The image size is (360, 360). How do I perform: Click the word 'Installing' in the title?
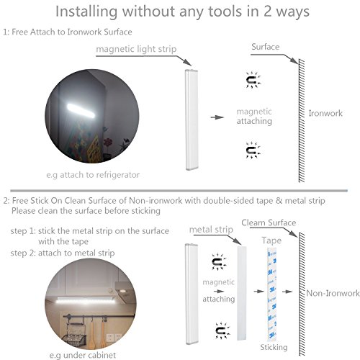(86, 12)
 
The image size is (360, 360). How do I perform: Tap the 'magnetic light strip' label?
(136, 49)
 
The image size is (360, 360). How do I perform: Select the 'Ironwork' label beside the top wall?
(325, 113)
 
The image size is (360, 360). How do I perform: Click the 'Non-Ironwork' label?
(333, 293)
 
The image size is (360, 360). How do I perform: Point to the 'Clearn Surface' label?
(269, 222)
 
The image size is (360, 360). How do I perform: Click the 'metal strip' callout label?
(211, 230)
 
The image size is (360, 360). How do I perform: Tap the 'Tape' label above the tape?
(271, 240)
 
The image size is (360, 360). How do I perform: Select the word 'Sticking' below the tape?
(274, 347)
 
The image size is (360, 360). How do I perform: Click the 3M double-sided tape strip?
(272, 294)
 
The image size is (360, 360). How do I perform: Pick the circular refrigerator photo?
(92, 116)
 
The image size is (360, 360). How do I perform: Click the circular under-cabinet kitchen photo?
(90, 304)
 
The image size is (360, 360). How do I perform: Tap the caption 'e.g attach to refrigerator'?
(93, 175)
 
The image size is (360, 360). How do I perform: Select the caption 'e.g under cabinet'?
(83, 355)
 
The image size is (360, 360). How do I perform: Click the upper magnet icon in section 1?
(253, 80)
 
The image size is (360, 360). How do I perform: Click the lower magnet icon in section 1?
(253, 150)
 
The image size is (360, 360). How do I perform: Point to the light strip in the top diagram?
(192, 120)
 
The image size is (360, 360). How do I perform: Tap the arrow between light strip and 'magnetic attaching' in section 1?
(217, 117)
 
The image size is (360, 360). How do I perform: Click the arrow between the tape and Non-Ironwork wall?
(287, 292)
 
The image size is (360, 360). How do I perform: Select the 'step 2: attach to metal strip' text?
(63, 253)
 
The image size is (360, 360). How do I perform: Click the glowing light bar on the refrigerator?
(81, 111)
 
